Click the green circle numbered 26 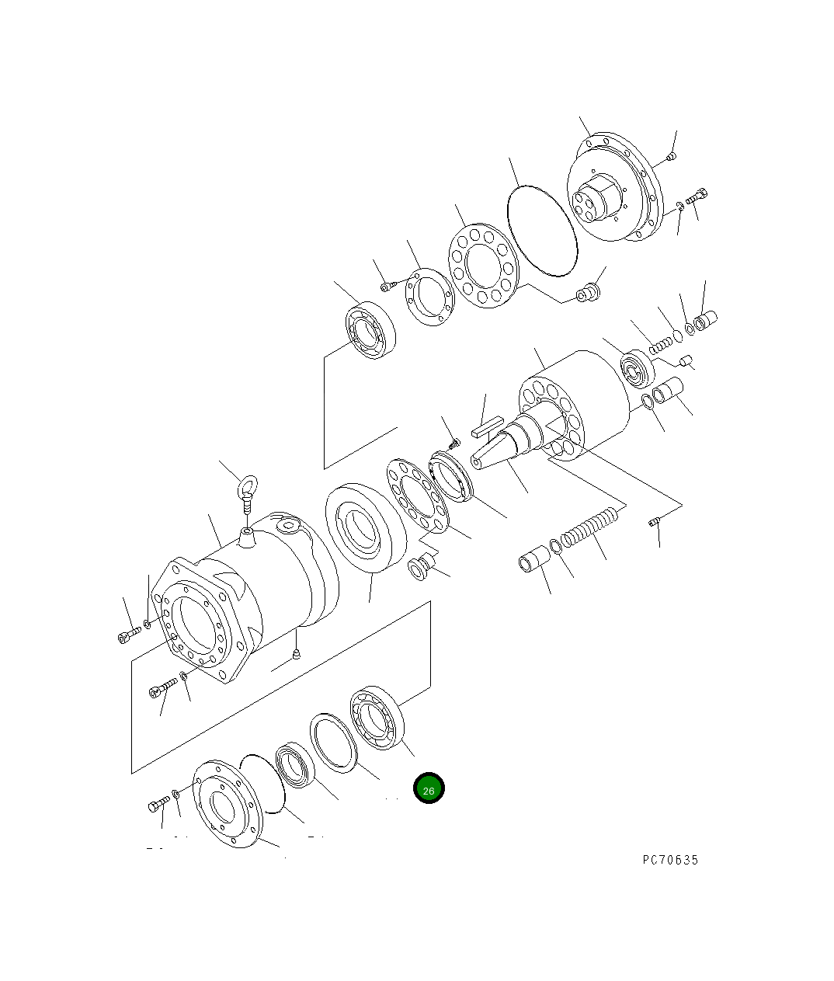(x=429, y=788)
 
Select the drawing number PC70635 (x=670, y=860)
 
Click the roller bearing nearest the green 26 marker (x=378, y=718)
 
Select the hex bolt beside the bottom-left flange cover (x=158, y=804)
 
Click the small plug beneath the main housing (x=296, y=657)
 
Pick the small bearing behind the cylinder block (x=638, y=369)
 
